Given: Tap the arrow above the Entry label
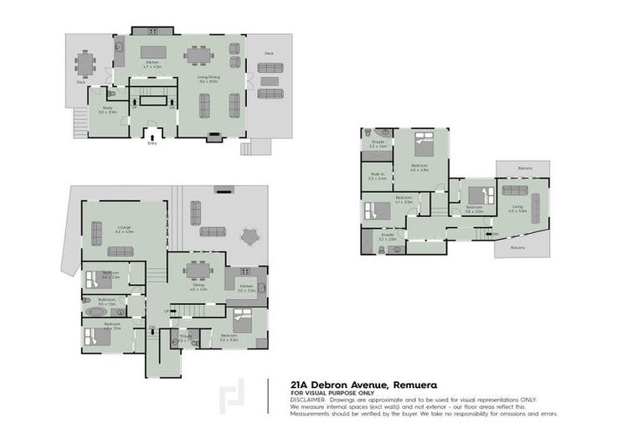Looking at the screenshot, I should (x=152, y=133).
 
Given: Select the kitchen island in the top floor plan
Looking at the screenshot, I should (x=152, y=52).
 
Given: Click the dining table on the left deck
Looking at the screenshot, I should (x=84, y=63).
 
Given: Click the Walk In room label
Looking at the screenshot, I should (x=377, y=175).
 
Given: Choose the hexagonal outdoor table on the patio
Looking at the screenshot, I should (x=249, y=236).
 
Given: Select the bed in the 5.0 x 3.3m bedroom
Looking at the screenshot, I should (x=240, y=318).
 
